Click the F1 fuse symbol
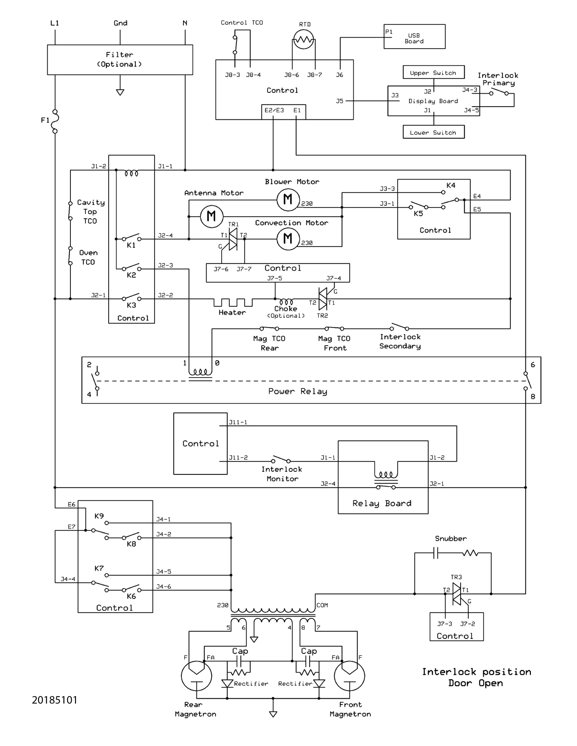(55, 121)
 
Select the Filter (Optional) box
(120, 59)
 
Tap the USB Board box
(414, 37)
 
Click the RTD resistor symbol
(303, 40)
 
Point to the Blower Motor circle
(288, 200)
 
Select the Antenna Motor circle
(211, 216)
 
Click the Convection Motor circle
(288, 239)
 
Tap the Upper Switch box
(433, 72)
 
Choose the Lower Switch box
(433, 132)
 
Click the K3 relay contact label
(131, 305)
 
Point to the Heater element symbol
(233, 302)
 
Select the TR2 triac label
(322, 316)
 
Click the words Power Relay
(298, 391)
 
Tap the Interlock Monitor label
(282, 474)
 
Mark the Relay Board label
(382, 503)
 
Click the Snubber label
(451, 539)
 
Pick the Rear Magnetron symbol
(196, 676)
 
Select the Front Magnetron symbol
(349, 676)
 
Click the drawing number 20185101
(55, 700)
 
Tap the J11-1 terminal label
(238, 422)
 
